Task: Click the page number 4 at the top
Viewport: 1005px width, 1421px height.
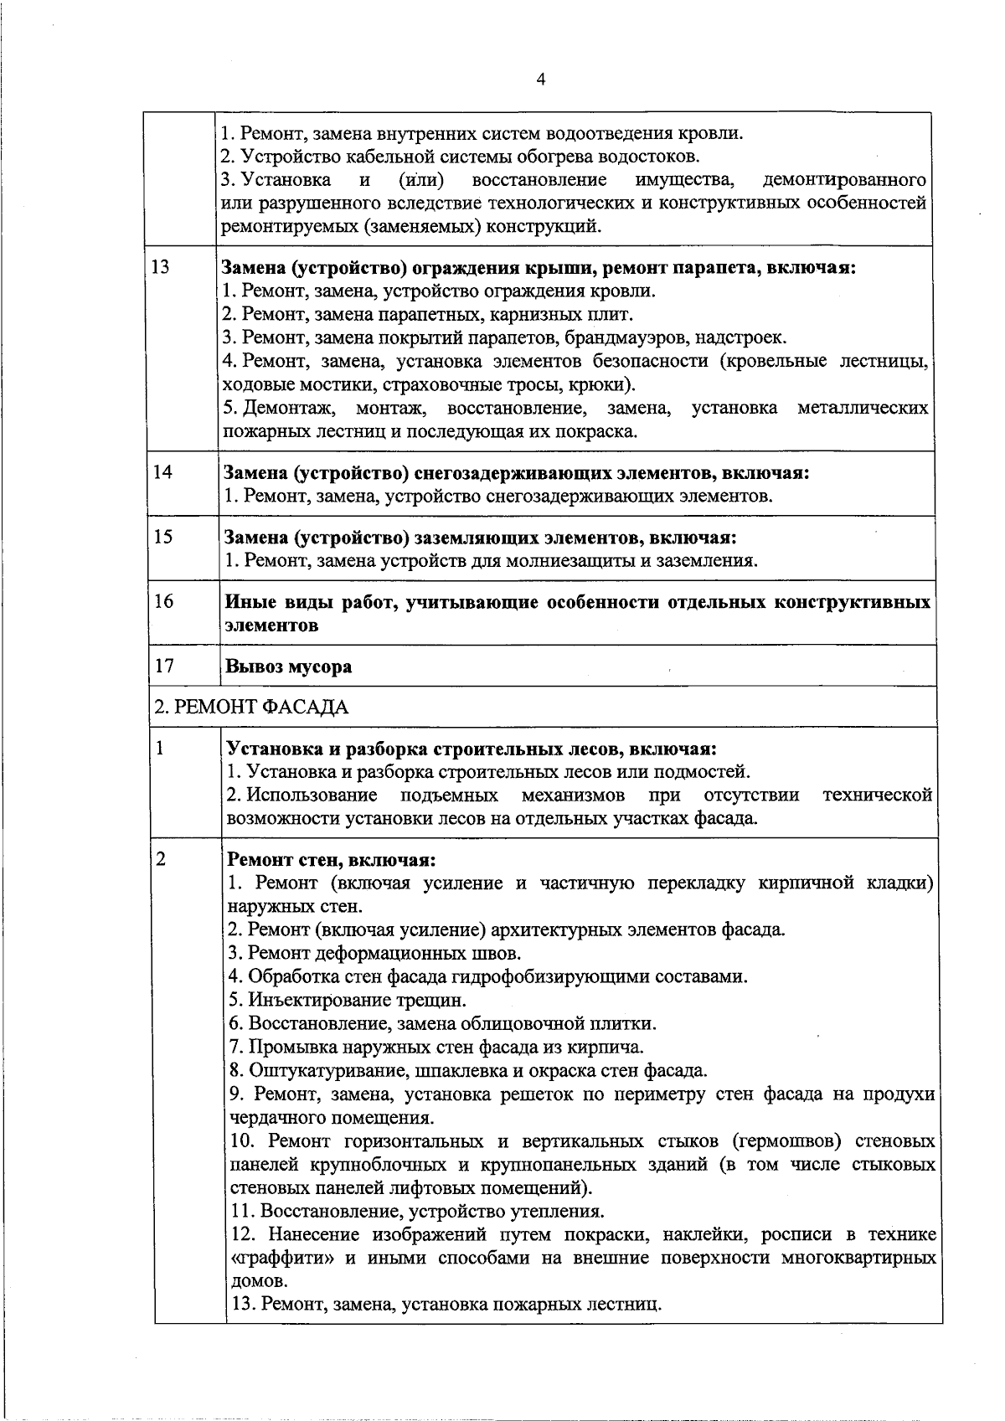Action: [540, 80]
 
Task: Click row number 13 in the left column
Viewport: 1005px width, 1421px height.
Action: [161, 267]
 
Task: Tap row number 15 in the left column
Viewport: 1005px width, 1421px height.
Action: [162, 536]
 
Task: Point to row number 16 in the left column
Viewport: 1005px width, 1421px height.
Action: [163, 600]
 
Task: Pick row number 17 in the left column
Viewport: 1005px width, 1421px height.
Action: [164, 666]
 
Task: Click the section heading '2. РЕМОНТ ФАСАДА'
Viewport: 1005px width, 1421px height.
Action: [250, 708]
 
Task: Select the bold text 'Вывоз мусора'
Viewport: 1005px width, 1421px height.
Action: [289, 667]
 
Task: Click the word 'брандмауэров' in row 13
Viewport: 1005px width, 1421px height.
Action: [618, 337]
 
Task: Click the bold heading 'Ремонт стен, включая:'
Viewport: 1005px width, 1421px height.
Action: [332, 860]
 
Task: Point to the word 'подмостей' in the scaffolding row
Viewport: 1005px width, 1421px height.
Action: [708, 771]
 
